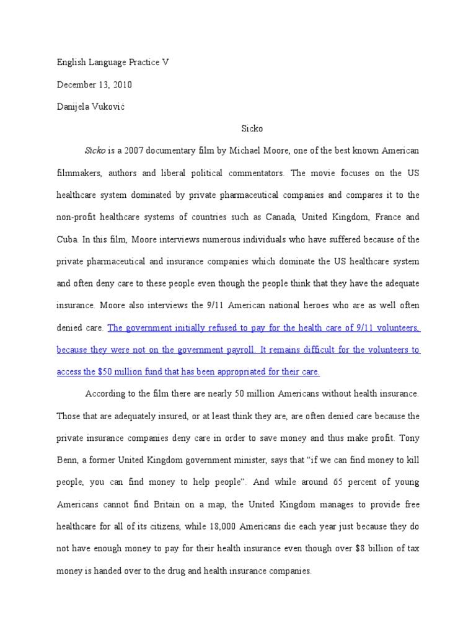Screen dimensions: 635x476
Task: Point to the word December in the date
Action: click(77, 85)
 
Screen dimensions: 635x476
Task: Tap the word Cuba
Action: click(67, 239)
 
